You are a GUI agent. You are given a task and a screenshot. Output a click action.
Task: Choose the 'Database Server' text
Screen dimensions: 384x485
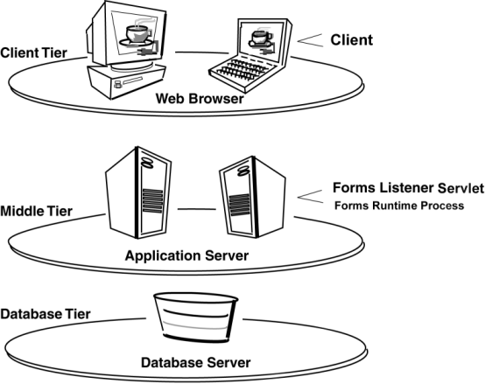(196, 361)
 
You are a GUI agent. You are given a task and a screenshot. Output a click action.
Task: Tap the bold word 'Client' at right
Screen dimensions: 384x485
(352, 40)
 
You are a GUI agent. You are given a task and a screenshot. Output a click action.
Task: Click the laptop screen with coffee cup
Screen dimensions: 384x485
(257, 38)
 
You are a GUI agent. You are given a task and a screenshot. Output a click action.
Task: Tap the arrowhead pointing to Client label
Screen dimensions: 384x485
(311, 39)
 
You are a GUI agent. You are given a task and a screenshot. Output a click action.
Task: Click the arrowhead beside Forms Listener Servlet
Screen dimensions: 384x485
(311, 194)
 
